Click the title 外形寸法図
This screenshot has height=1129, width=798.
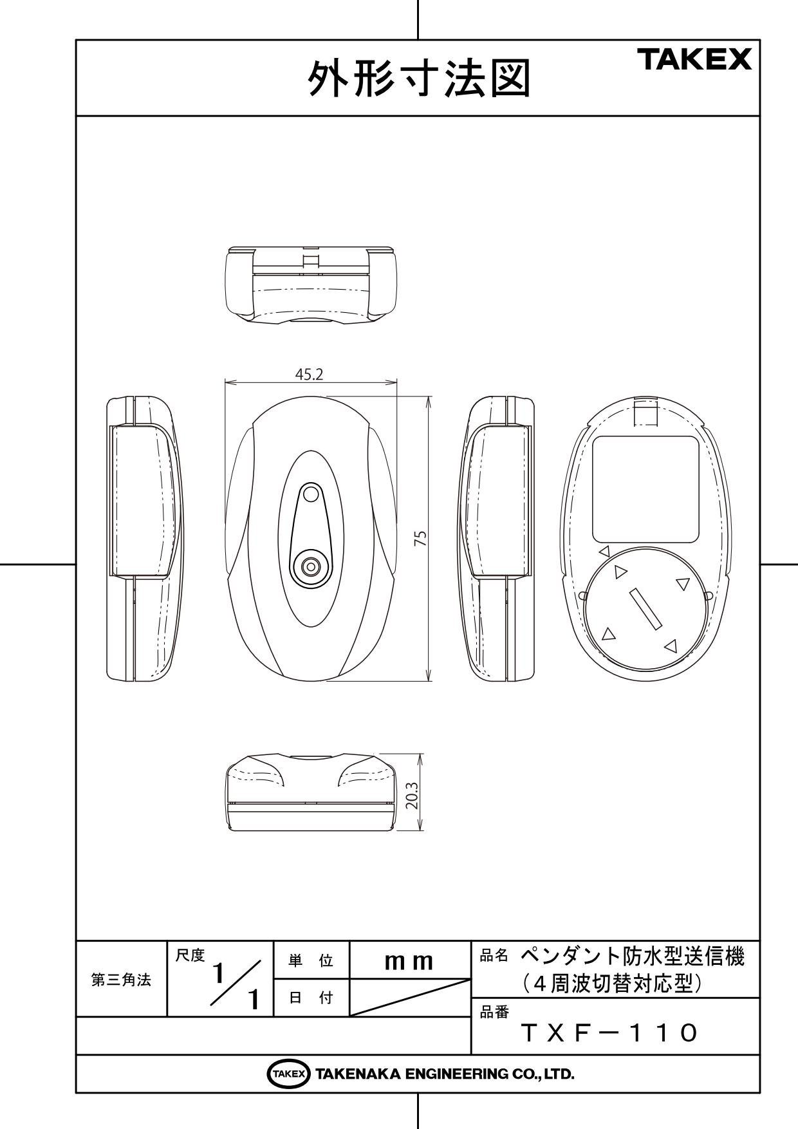coord(420,79)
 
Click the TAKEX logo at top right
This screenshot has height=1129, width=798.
coord(694,60)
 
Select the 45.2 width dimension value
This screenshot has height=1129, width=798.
coord(309,375)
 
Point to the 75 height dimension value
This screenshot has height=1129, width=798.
coord(421,539)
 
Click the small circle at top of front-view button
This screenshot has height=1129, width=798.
coord(311,494)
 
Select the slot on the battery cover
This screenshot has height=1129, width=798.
coord(645,608)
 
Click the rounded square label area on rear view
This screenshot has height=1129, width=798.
coord(645,489)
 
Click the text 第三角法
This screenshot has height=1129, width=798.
coord(121,980)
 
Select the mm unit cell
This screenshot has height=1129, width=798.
coord(409,961)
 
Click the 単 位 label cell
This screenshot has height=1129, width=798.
coord(311,961)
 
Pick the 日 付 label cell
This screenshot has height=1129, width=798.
coord(311,998)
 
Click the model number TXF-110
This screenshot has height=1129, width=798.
coord(609,1034)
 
